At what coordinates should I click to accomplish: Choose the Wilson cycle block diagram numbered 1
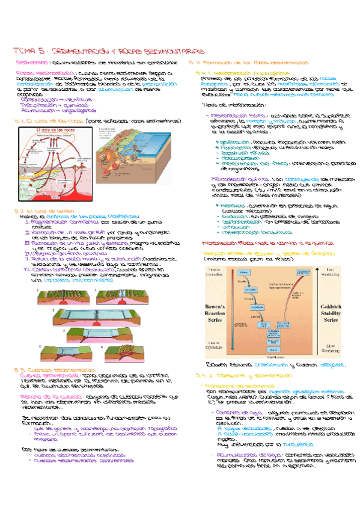51,298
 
